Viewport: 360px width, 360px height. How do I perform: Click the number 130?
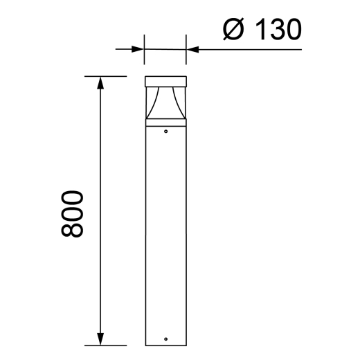[276, 29]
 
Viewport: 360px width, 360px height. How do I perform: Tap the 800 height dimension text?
[71, 212]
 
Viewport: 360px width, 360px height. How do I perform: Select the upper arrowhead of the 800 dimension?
[101, 84]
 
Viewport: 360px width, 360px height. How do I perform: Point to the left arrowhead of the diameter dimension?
[138, 49]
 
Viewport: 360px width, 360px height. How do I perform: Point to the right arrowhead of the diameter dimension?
[192, 49]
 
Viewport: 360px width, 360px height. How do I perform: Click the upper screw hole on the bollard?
[165, 129]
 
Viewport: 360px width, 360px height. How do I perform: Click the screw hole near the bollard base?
[165, 339]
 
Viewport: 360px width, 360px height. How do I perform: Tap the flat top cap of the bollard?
[165, 81]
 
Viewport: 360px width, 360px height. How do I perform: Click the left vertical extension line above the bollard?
[144, 52]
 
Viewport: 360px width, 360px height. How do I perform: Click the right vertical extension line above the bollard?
[187, 52]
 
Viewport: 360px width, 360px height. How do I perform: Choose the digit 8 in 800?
[71, 229]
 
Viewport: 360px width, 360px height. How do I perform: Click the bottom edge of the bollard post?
[165, 345]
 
